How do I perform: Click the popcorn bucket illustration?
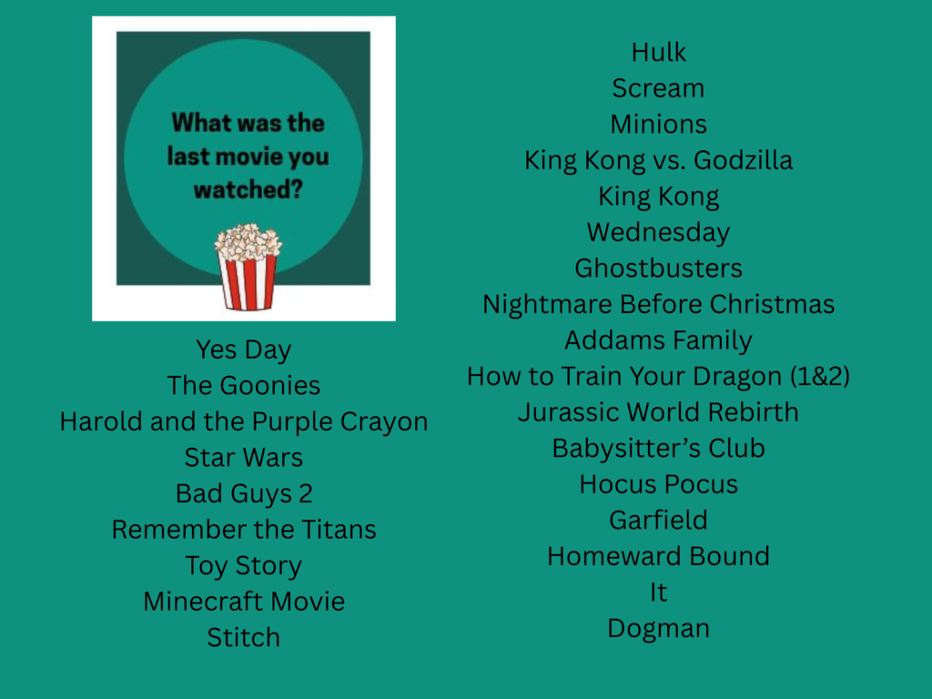pos(248,268)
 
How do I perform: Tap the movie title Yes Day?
pos(243,349)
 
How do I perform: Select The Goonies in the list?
pos(243,386)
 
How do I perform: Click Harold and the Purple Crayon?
pos(243,421)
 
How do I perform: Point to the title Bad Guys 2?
pos(243,493)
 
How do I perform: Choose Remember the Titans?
pos(243,530)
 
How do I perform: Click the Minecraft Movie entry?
pos(243,602)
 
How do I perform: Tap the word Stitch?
pos(243,637)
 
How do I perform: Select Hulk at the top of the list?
pos(658,53)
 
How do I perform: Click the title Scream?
pos(658,88)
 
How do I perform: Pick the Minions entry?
pos(658,125)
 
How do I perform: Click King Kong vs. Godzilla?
pos(658,161)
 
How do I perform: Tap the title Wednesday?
pos(658,233)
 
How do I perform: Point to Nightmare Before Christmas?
pos(658,304)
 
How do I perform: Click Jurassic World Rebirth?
pos(658,412)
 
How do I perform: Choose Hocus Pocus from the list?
pos(658,484)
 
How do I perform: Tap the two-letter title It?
pos(658,593)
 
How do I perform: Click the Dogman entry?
pos(658,628)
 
